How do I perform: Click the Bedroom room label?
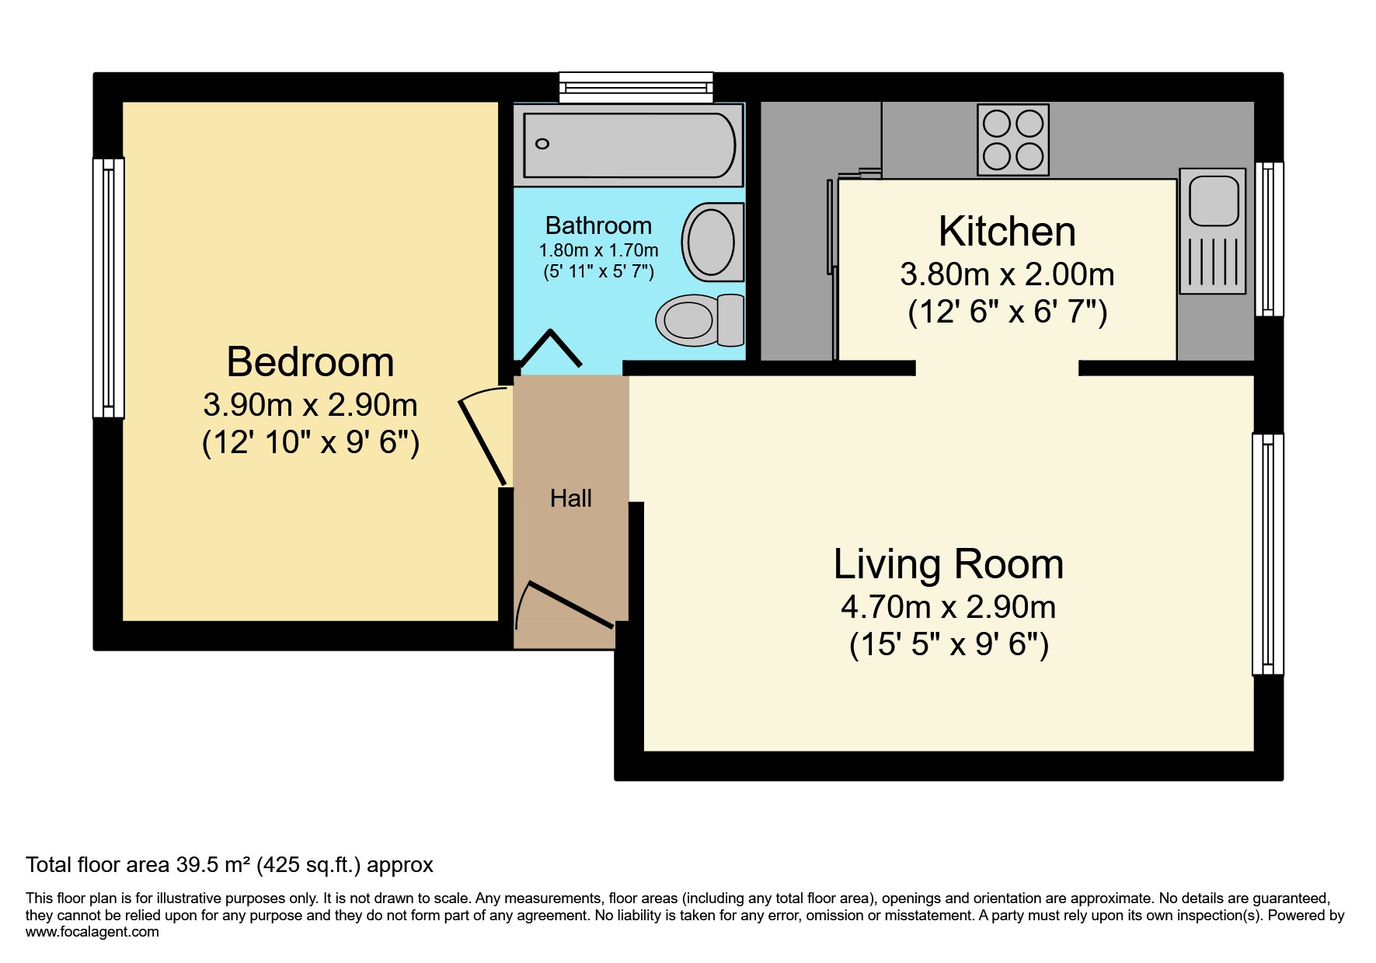[310, 362]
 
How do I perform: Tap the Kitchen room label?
[1007, 232]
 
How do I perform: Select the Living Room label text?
[948, 564]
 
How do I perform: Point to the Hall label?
[570, 498]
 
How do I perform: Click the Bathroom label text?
[598, 225]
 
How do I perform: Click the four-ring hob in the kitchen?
[1013, 140]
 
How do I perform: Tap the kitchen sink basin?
[1213, 199]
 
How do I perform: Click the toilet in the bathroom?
[699, 319]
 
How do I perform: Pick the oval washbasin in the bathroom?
[711, 242]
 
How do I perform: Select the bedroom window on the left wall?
[108, 288]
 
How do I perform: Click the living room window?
[1267, 553]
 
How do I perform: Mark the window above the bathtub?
[636, 87]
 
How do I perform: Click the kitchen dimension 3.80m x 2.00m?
[1007, 274]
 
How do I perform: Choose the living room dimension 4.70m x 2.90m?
[948, 607]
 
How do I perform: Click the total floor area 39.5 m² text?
[229, 865]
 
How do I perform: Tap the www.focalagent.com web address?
[92, 932]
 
